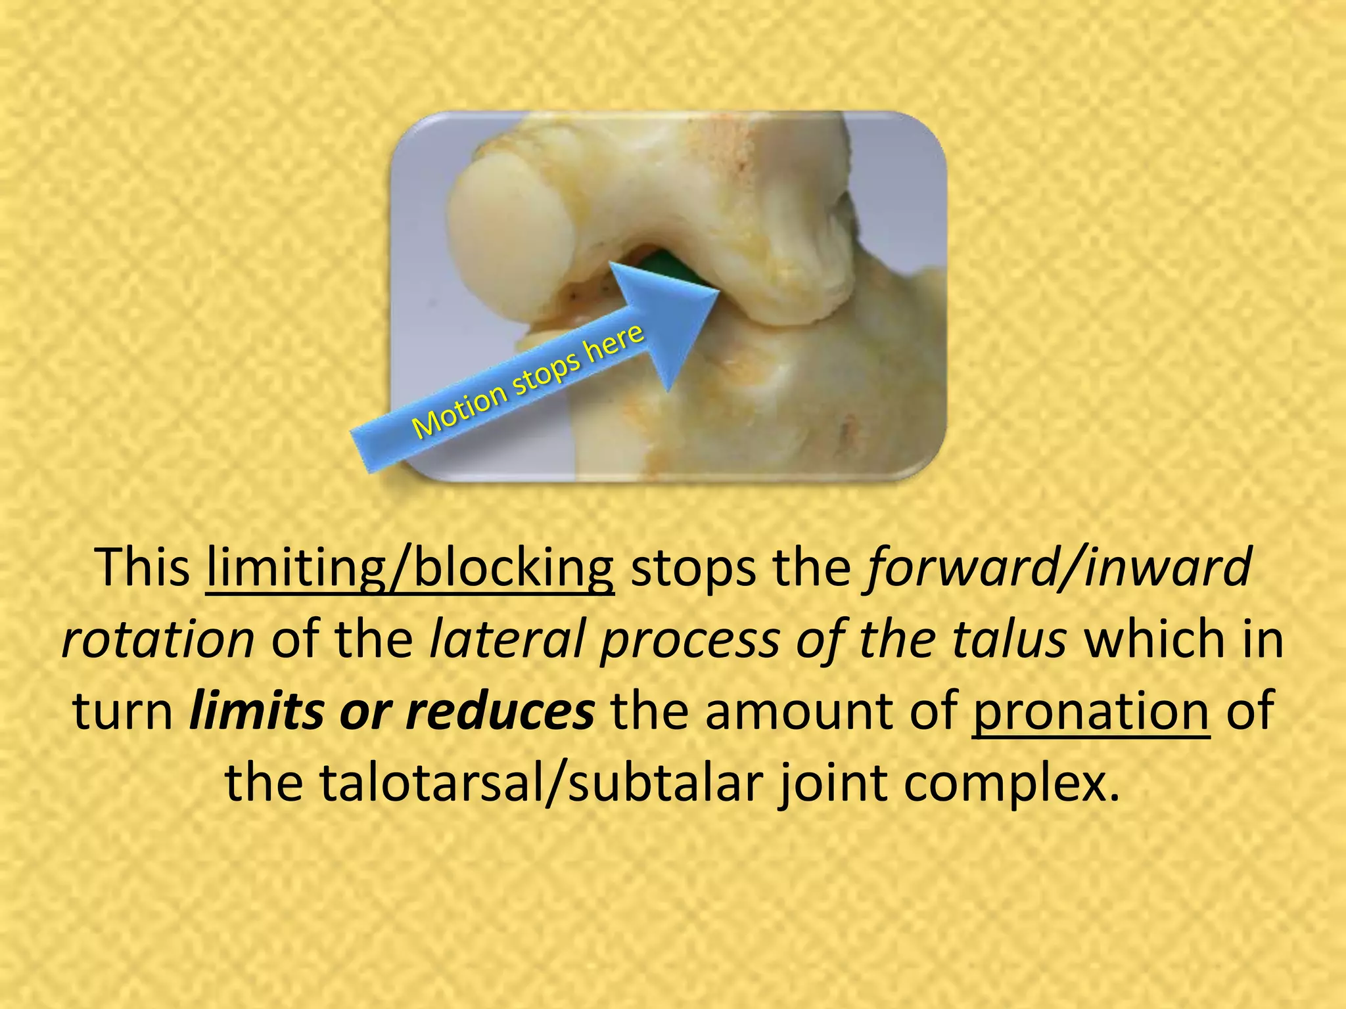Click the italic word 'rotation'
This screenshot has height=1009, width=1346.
(x=158, y=639)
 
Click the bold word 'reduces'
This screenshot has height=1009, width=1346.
(x=499, y=711)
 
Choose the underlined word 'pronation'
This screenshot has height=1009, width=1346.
(x=1090, y=713)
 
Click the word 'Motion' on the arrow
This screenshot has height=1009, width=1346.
(x=460, y=411)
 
